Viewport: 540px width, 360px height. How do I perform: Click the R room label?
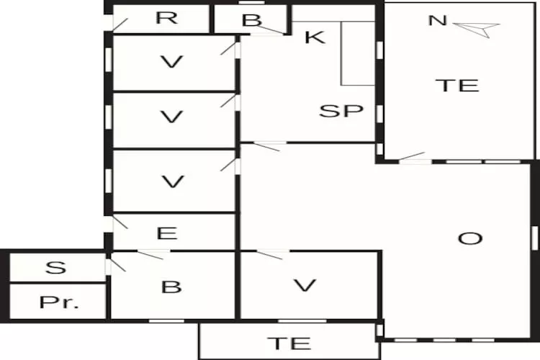[166, 18]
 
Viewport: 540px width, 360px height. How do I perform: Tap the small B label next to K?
[251, 20]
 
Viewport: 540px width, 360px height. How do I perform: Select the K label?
[315, 37]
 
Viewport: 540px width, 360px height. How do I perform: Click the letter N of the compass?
[436, 20]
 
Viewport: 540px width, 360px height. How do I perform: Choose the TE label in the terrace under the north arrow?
[457, 85]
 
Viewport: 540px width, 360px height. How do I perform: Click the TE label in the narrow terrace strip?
[289, 343]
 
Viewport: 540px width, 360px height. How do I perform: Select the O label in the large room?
[470, 238]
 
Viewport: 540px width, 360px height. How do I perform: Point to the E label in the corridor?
[166, 233]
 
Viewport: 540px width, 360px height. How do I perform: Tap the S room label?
[55, 268]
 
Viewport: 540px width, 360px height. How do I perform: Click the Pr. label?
[58, 302]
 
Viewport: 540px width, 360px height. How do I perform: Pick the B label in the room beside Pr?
[171, 287]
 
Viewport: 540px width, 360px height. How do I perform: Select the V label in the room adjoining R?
[171, 62]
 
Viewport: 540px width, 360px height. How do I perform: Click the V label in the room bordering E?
[171, 181]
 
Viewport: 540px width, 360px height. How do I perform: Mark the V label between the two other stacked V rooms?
[171, 117]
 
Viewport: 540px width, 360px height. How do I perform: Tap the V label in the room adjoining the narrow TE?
[305, 286]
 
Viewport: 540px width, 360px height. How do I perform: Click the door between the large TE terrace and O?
[413, 158]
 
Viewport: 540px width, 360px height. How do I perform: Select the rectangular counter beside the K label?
[358, 53]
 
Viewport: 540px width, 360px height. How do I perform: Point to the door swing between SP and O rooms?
[268, 146]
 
